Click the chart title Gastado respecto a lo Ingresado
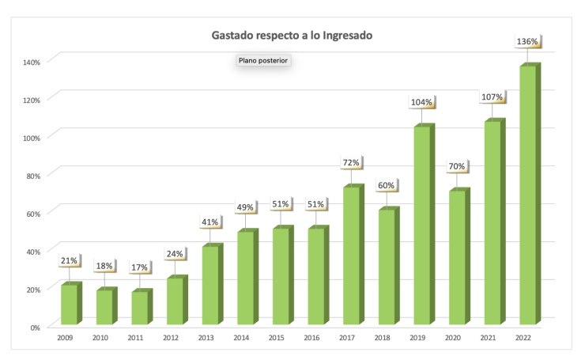[x=292, y=36]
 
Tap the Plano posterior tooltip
[x=263, y=60]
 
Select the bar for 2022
[x=530, y=193]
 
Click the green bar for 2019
[x=425, y=224]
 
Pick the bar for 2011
[x=142, y=306]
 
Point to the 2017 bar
[x=353, y=254]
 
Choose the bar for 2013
[x=213, y=284]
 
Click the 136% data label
[x=527, y=41]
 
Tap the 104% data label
[x=421, y=102]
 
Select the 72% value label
[x=351, y=163]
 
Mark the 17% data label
[x=140, y=267]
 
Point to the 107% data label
[x=492, y=97]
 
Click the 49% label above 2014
[x=245, y=207]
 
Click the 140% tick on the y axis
[x=32, y=63]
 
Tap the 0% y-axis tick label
[x=35, y=328]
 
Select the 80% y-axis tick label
[x=33, y=176]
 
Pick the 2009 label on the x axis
[x=65, y=338]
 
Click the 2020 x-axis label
[x=452, y=338]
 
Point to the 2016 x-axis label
[x=311, y=338]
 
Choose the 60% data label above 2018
[x=386, y=186]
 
